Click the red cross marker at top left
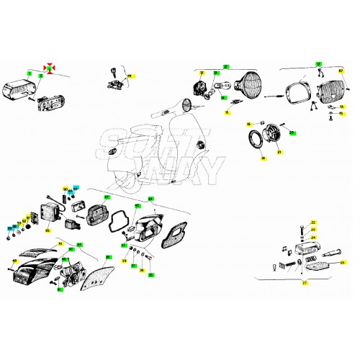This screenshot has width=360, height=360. pyautogui.click(x=50, y=66)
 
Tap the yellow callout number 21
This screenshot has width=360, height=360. pyautogui.click(x=279, y=153)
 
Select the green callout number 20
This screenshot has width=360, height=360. pyautogui.click(x=292, y=133)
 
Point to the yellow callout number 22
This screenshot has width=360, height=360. pyautogui.click(x=313, y=222)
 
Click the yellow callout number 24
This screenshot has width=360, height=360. pyautogui.click(x=313, y=238)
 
